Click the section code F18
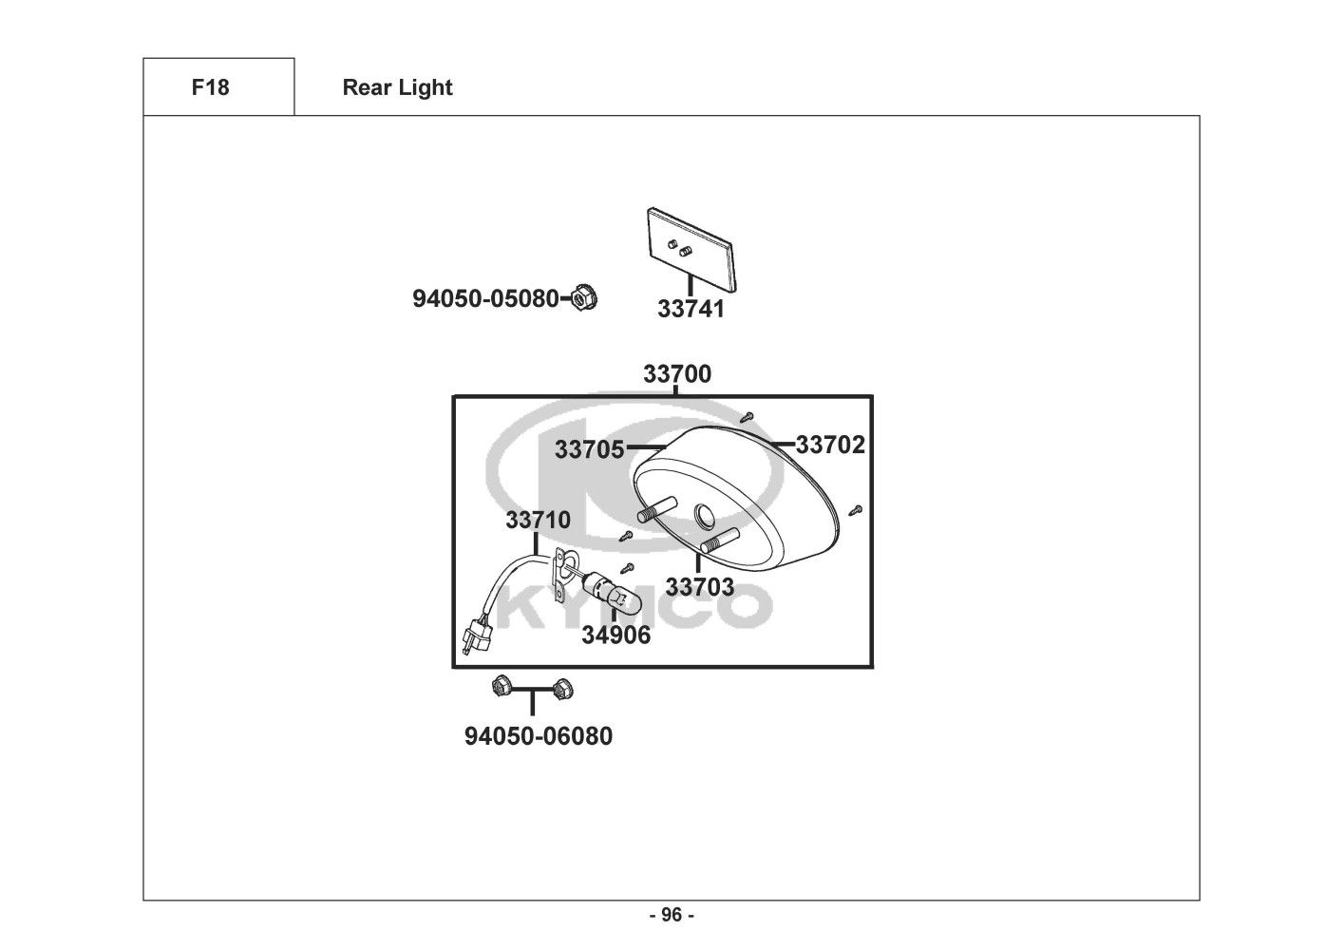point(210,88)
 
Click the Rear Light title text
point(397,88)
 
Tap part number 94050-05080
point(485,298)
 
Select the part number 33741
point(691,309)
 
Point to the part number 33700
point(676,374)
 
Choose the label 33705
point(589,448)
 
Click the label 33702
point(830,445)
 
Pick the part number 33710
point(538,521)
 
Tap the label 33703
point(699,587)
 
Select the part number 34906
point(615,635)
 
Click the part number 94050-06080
point(538,736)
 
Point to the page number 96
point(672,916)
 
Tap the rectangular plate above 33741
point(690,246)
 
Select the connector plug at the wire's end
point(474,639)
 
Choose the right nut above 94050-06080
point(563,685)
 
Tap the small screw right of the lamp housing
point(855,509)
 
